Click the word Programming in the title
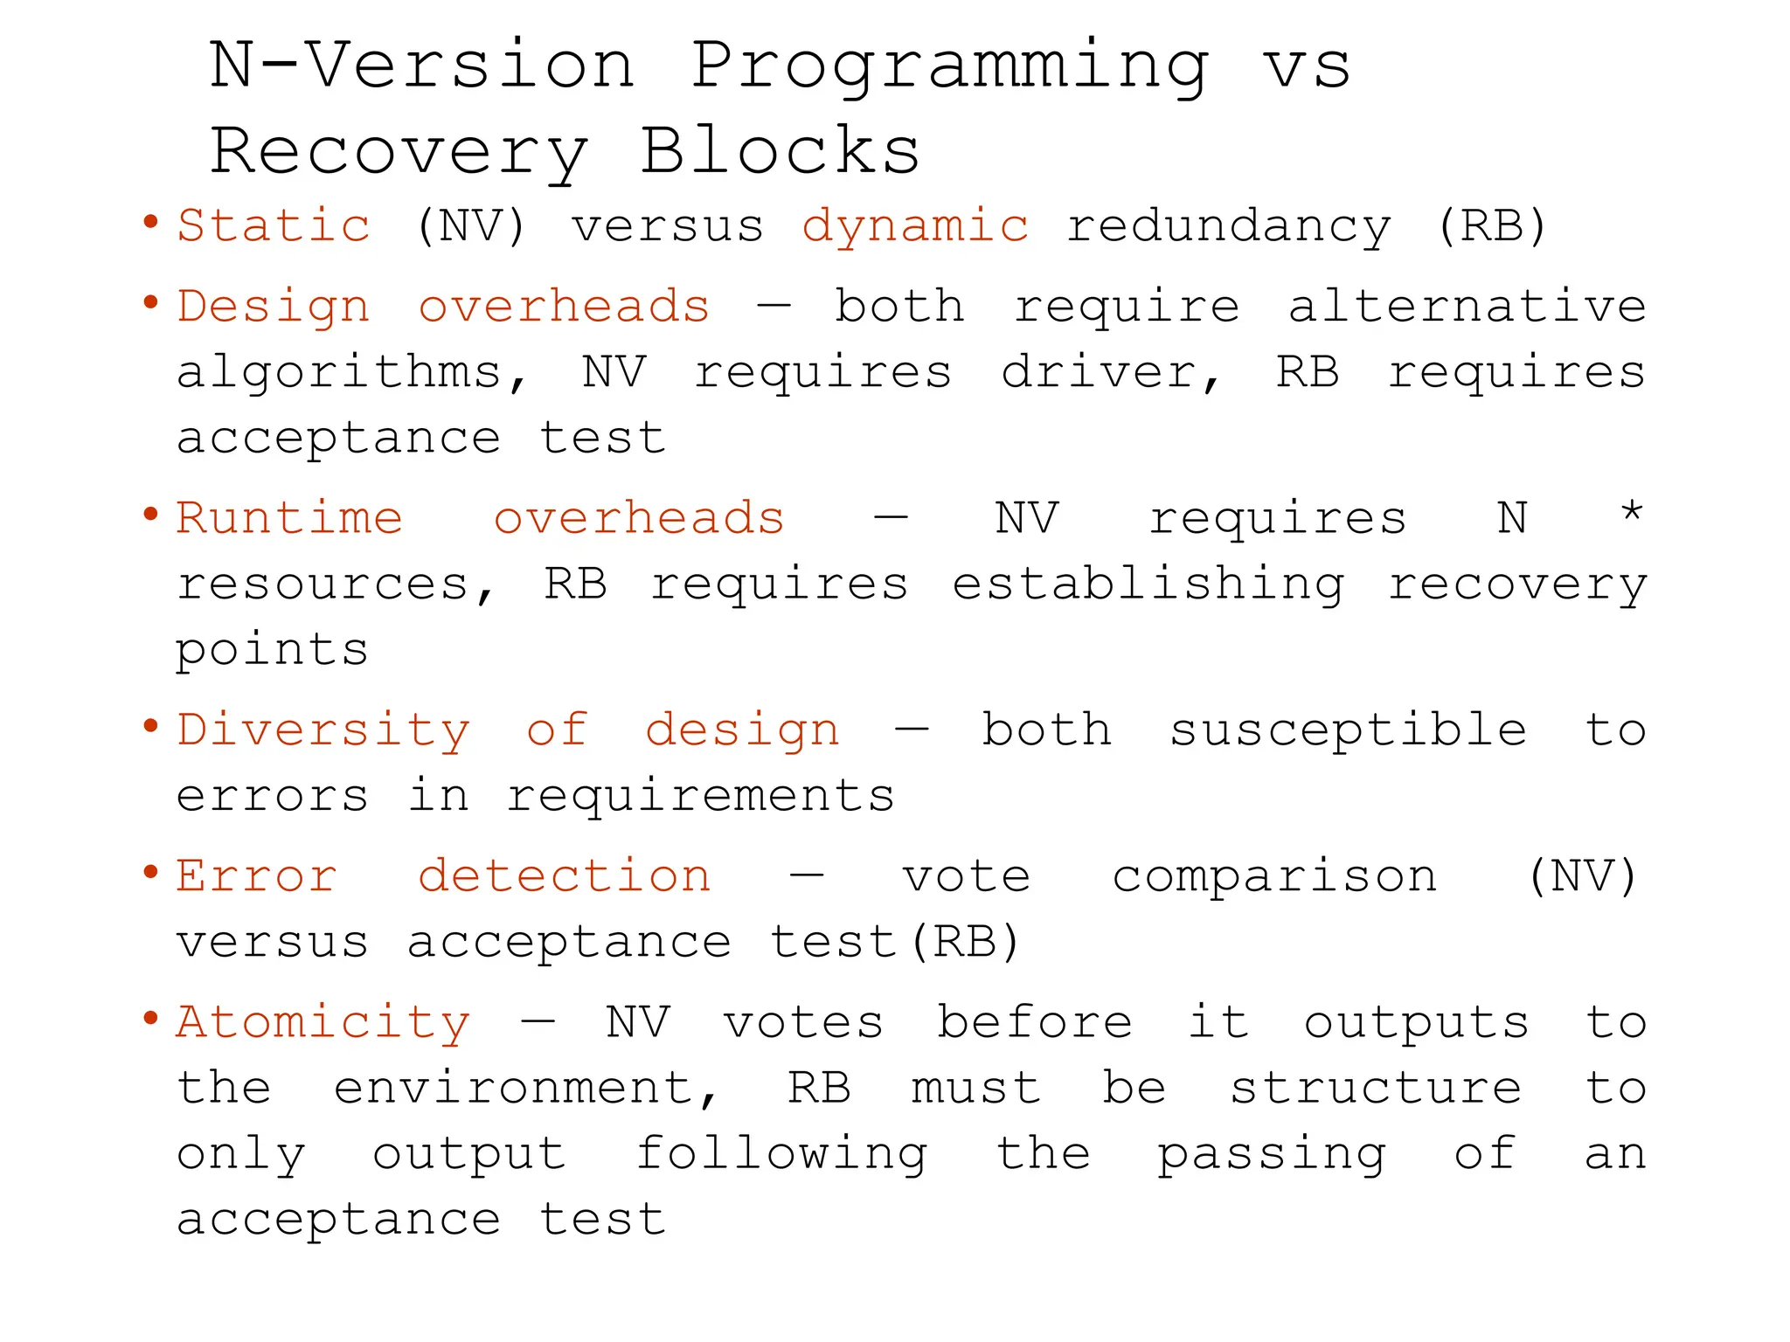pos(951,68)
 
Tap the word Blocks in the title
pos(780,150)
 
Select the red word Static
pos(274,225)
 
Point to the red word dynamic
pos(915,227)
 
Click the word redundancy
pos(1228,227)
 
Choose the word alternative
pos(1467,306)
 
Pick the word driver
pos(1110,373)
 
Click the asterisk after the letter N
pos(1631,511)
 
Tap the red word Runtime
pos(289,518)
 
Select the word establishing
pos(1148,585)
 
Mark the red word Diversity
pos(323,730)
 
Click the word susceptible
pos(1348,730)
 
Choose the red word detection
pos(565,876)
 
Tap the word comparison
pos(1274,877)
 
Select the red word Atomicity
pos(323,1023)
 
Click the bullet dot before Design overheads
pos(151,302)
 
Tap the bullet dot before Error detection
pos(151,872)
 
